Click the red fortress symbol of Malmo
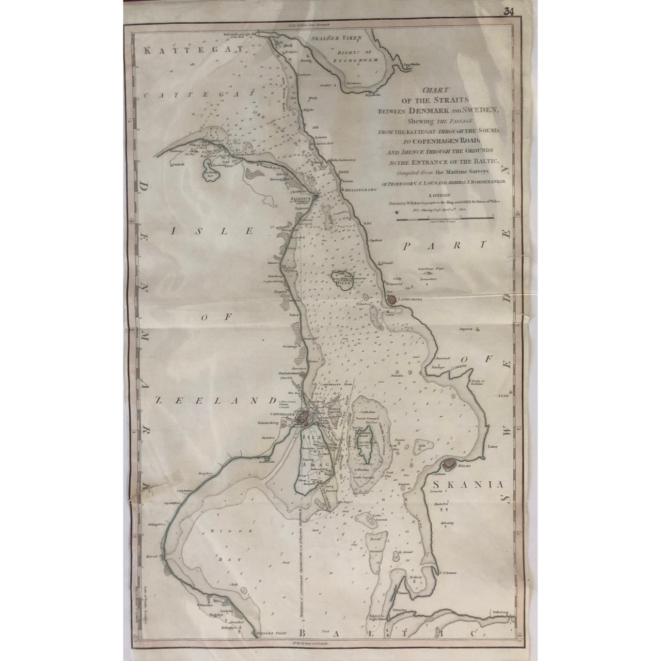[449, 464]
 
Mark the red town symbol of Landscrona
[392, 298]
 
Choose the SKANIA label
[468, 485]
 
